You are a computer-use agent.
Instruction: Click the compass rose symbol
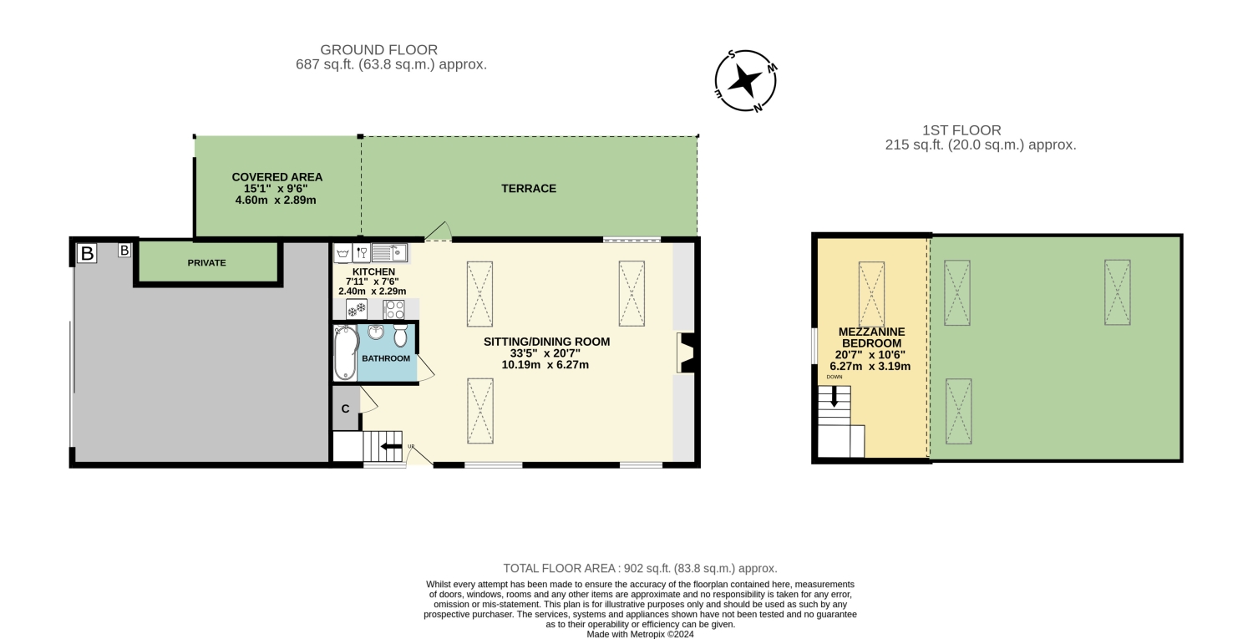pyautogui.click(x=746, y=81)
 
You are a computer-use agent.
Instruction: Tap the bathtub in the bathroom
pyautogui.click(x=347, y=352)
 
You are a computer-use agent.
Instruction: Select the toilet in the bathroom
pyautogui.click(x=400, y=336)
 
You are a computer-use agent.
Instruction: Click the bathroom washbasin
pyautogui.click(x=376, y=332)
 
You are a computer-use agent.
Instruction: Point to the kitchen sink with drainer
pyautogui.click(x=389, y=253)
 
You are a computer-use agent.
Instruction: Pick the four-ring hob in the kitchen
pyautogui.click(x=393, y=309)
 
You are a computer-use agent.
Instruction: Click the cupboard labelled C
pyautogui.click(x=346, y=408)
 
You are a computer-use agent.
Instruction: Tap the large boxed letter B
pyautogui.click(x=87, y=253)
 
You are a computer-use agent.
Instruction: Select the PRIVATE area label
pyautogui.click(x=207, y=263)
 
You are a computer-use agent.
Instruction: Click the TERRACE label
pyautogui.click(x=529, y=189)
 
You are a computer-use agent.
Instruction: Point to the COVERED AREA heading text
pyautogui.click(x=276, y=177)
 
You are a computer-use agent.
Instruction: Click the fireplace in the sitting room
pyautogui.click(x=686, y=353)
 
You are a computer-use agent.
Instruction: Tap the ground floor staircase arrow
pyautogui.click(x=391, y=447)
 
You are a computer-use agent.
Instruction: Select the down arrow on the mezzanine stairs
pyautogui.click(x=834, y=397)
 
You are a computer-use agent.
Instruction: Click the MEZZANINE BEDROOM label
pyautogui.click(x=871, y=337)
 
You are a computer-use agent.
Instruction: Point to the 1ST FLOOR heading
pyautogui.click(x=961, y=130)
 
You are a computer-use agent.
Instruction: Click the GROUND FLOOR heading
pyautogui.click(x=378, y=50)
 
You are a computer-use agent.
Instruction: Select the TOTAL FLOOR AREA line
pyautogui.click(x=640, y=569)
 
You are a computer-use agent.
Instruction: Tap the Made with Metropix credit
pyautogui.click(x=640, y=634)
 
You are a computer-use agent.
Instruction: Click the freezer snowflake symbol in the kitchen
pyautogui.click(x=357, y=309)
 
